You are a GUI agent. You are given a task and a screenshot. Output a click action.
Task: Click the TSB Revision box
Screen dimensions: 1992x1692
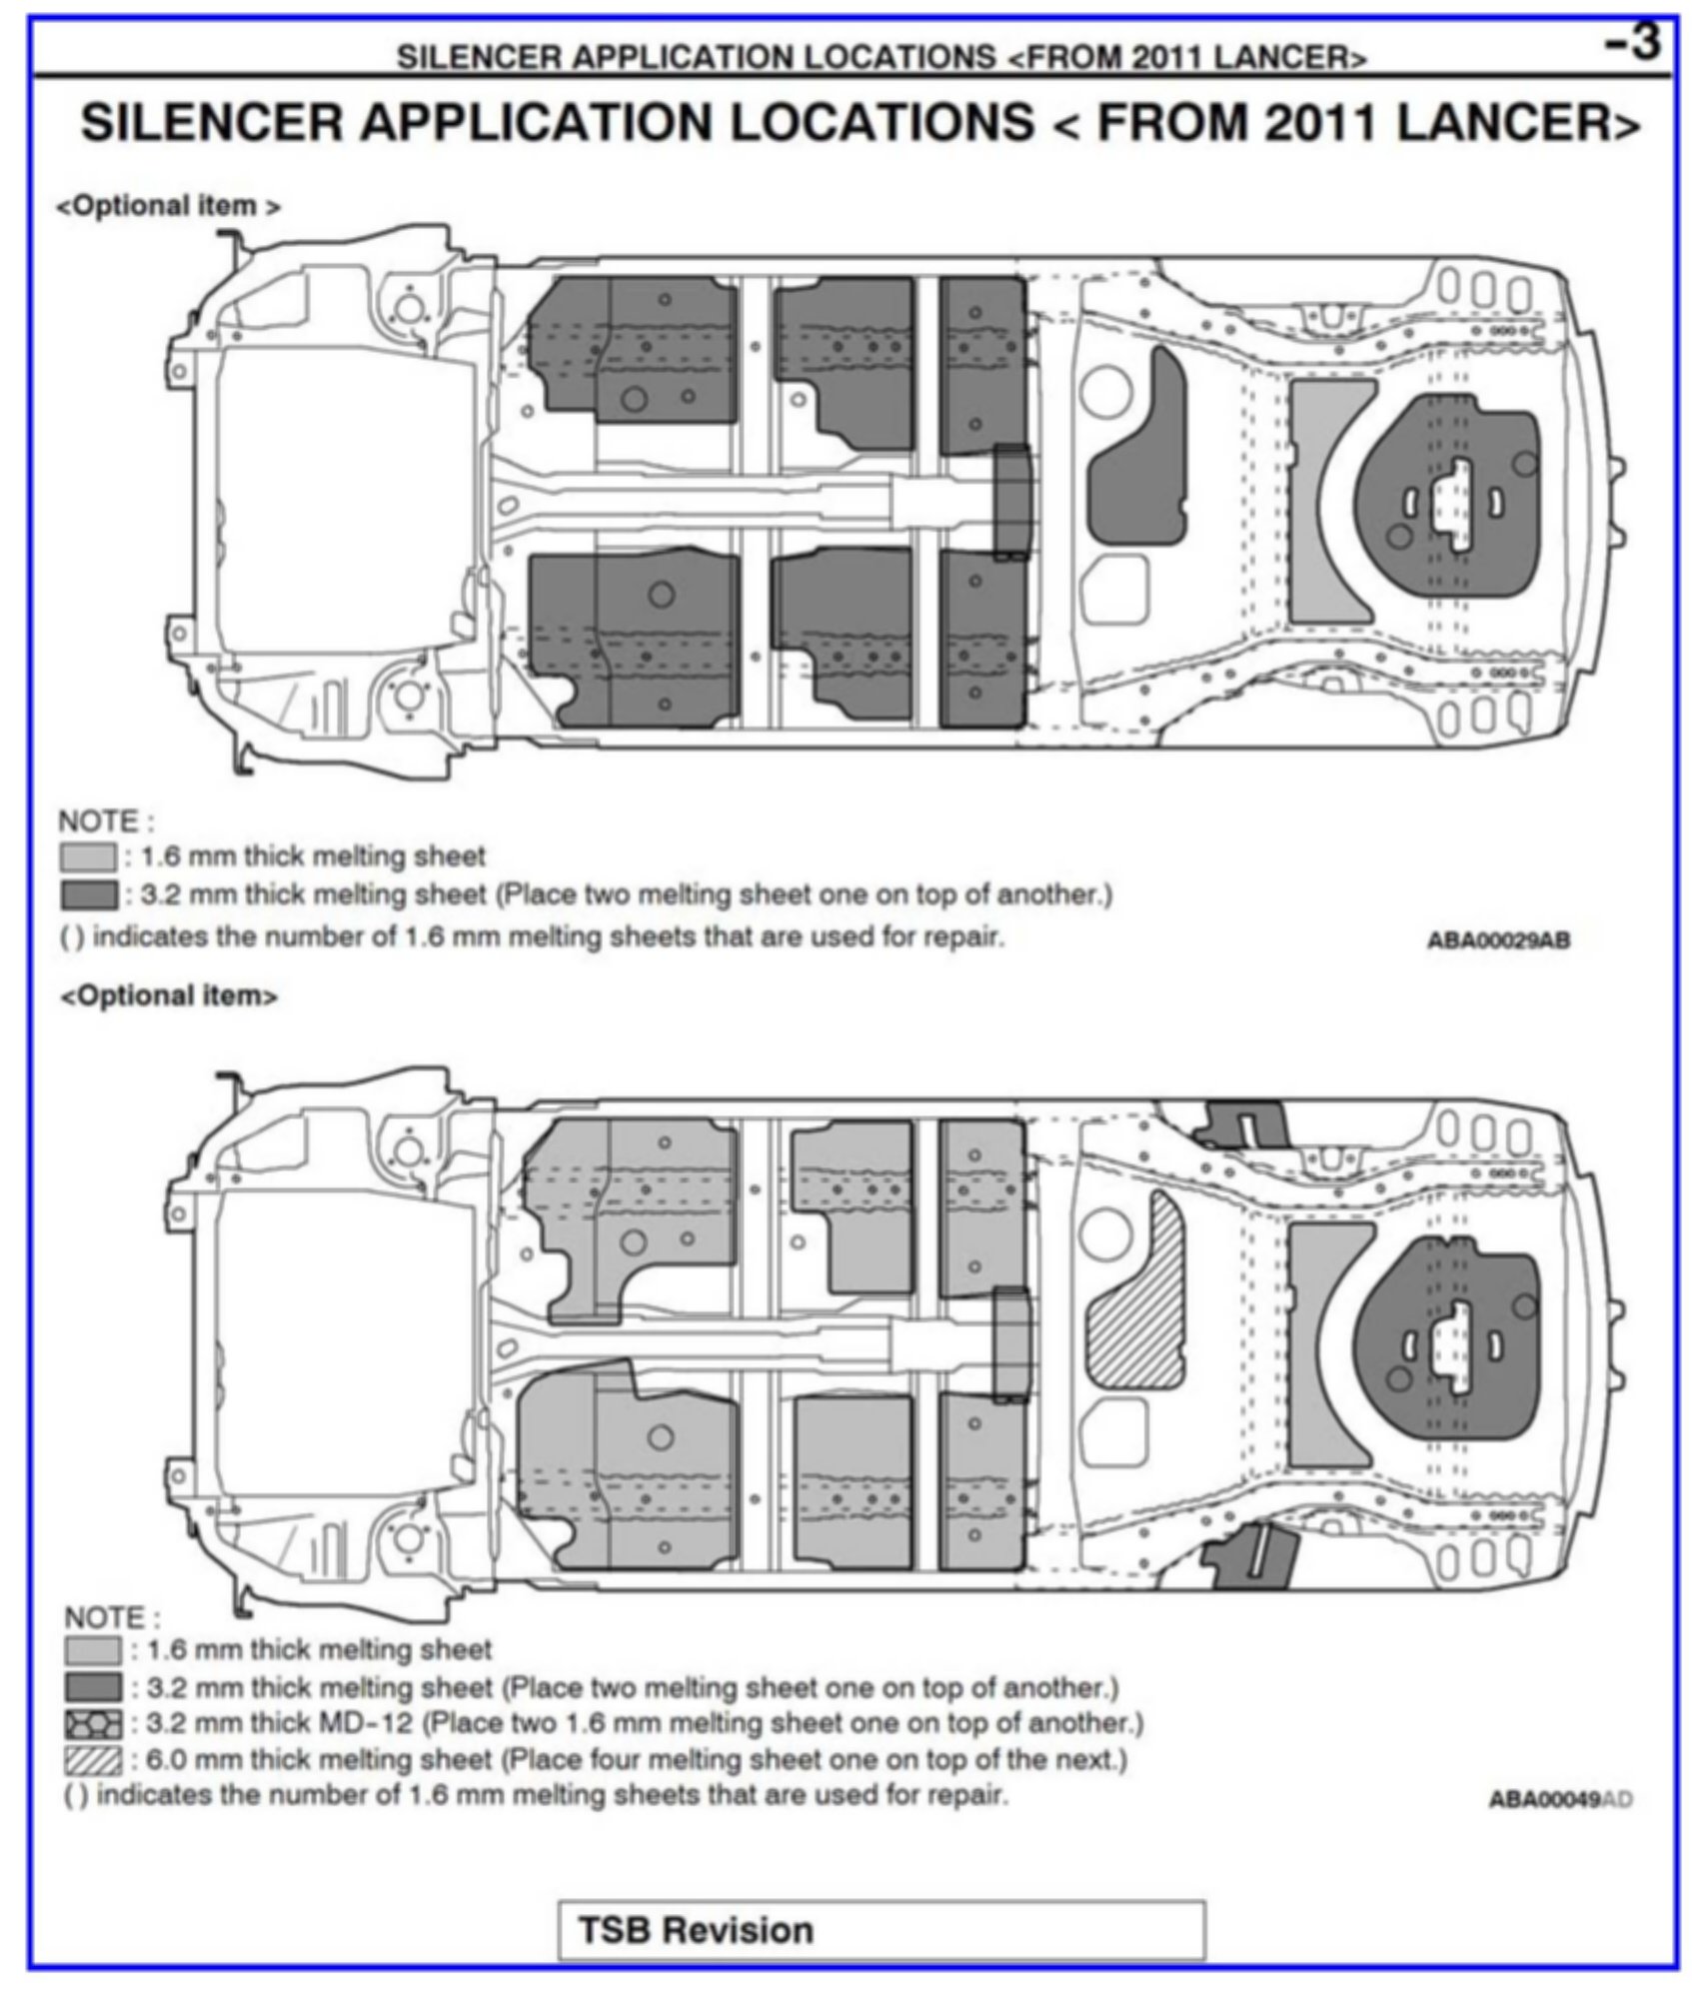pyautogui.click(x=880, y=1929)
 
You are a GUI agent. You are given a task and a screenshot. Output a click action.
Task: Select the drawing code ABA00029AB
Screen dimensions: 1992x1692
pyautogui.click(x=1499, y=941)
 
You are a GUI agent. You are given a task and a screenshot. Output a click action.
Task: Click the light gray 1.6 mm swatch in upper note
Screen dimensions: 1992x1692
pyautogui.click(x=88, y=858)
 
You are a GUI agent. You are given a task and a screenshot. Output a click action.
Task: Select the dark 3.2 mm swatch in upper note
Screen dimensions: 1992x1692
pyautogui.click(x=88, y=895)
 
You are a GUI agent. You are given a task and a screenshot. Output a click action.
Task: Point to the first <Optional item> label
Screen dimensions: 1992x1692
pyautogui.click(x=168, y=207)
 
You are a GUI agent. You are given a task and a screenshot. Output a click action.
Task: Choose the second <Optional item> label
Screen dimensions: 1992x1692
pyautogui.click(x=169, y=996)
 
